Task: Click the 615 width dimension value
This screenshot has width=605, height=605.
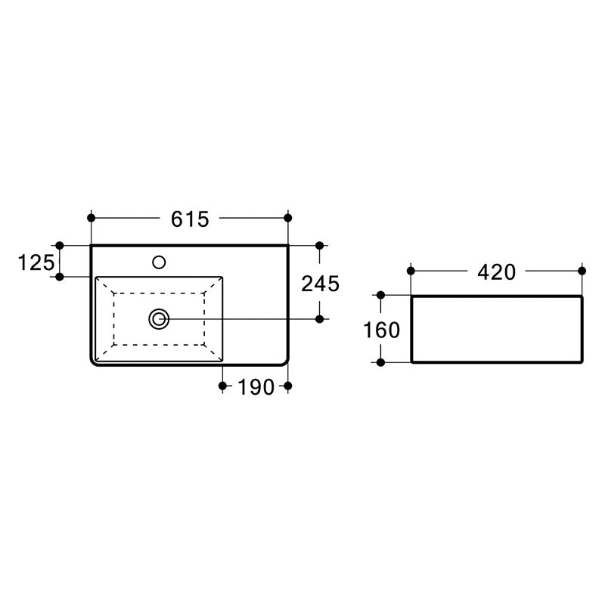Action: tap(189, 219)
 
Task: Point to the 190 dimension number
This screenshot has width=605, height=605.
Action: tap(255, 387)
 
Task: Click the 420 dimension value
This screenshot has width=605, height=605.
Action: tap(495, 271)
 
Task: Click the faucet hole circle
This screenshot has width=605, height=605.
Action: tap(159, 262)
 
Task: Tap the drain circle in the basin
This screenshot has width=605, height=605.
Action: tap(159, 319)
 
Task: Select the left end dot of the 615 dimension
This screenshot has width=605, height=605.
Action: tap(91, 218)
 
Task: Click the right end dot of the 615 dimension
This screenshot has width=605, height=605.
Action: tap(288, 218)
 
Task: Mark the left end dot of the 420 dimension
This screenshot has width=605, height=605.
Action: tap(411, 270)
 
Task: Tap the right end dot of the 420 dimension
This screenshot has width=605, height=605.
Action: tap(582, 270)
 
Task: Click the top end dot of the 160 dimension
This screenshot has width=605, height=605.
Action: tap(380, 296)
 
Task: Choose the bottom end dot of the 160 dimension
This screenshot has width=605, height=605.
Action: tap(380, 362)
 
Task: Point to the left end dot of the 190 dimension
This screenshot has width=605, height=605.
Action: tap(222, 386)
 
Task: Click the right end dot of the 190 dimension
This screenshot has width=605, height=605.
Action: tap(288, 386)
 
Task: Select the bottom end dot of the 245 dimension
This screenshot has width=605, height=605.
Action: tap(319, 319)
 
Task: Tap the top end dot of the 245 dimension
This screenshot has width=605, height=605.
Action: tap(319, 246)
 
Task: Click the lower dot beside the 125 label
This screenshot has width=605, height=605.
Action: tap(60, 277)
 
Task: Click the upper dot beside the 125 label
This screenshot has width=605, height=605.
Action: tap(60, 246)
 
